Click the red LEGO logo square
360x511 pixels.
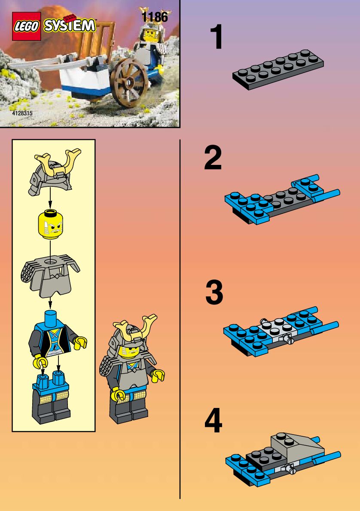[26, 26]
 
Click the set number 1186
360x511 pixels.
[155, 17]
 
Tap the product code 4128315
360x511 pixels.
[22, 113]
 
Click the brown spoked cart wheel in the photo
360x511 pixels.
[129, 82]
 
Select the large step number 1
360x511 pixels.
[216, 37]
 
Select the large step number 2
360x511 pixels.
[213, 158]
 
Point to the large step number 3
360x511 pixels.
[214, 292]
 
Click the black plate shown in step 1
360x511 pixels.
[278, 70]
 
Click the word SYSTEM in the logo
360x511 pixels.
[70, 25]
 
